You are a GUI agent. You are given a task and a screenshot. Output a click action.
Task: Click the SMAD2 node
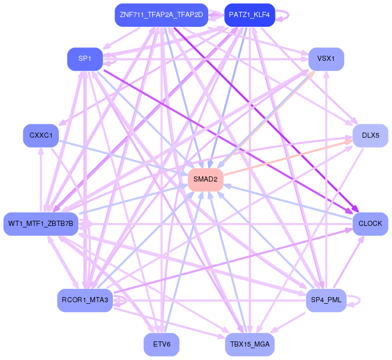(x=205, y=179)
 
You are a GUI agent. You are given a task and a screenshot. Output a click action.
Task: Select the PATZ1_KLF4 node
(x=249, y=15)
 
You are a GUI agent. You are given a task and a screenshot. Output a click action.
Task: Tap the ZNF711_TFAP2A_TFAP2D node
(x=161, y=15)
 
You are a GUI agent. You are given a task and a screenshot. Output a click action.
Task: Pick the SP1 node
(x=85, y=59)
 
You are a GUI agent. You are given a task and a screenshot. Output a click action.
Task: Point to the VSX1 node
(x=326, y=59)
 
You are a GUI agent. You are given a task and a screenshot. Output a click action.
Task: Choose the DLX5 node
(x=370, y=136)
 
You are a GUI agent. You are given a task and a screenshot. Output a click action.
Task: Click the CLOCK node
(x=370, y=224)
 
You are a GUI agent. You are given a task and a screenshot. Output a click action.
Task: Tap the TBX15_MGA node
(x=249, y=344)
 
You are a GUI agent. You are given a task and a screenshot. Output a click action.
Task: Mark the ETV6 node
(x=161, y=344)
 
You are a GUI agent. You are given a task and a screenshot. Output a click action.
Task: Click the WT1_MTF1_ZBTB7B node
(x=41, y=224)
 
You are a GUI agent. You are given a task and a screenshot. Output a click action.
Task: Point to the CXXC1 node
(x=41, y=136)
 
